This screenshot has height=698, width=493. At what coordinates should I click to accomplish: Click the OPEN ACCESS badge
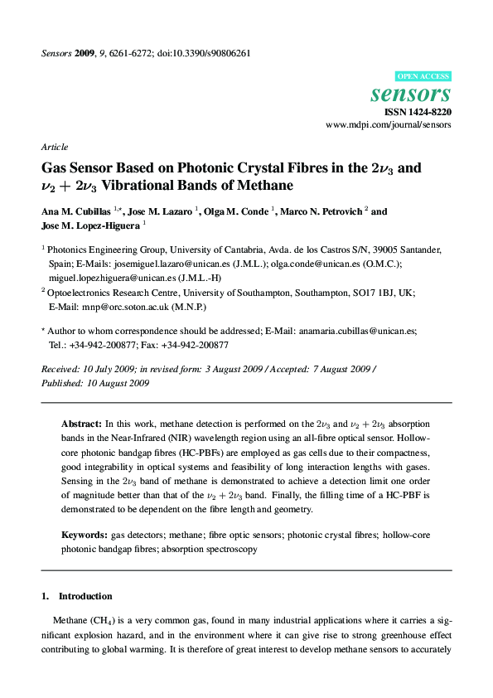(x=423, y=75)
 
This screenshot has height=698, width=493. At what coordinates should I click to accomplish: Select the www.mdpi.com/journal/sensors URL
(x=389, y=124)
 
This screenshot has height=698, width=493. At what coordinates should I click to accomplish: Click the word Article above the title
(x=54, y=147)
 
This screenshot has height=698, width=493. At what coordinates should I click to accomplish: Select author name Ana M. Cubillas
(x=77, y=211)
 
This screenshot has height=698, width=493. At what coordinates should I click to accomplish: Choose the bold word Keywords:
(x=85, y=535)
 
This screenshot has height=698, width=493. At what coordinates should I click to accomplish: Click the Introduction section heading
(x=85, y=596)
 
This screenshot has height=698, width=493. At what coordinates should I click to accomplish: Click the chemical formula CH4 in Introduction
(x=102, y=620)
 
